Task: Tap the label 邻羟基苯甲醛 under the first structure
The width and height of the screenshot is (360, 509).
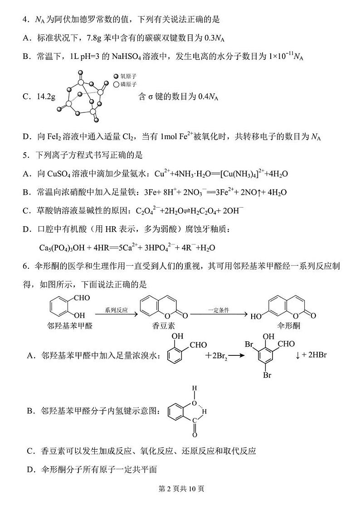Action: [x=72, y=326]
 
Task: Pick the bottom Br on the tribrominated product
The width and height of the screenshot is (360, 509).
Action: [x=268, y=376]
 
